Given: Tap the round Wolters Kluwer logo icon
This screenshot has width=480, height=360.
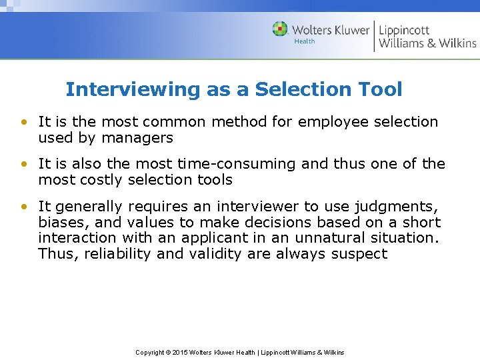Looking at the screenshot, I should [280, 29].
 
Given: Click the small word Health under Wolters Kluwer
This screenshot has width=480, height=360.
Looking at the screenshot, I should [305, 41].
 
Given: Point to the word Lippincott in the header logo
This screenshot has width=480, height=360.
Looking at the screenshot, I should [404, 30].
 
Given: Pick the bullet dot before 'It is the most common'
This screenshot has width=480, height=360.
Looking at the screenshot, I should [24, 122].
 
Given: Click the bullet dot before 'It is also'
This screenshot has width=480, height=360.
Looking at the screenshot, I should [24, 164].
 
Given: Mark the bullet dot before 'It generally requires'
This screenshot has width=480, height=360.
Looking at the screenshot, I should [24, 207].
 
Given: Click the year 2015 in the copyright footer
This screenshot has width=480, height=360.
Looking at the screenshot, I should [181, 352].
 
